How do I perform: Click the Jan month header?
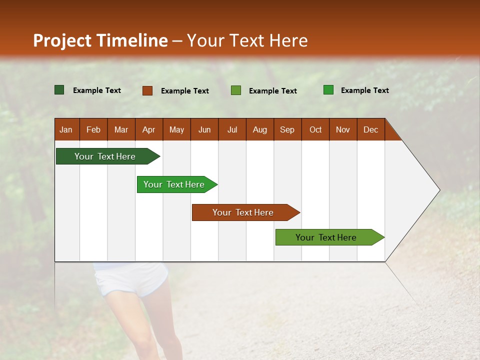click(66, 129)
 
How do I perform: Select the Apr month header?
click(149, 129)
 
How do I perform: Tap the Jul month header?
click(232, 129)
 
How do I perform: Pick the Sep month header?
click(287, 129)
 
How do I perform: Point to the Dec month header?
click(370, 129)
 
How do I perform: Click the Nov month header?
click(343, 129)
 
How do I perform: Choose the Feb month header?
click(93, 129)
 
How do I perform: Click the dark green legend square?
click(59, 90)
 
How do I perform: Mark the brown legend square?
click(147, 90)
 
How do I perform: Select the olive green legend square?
click(236, 90)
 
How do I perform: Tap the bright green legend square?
click(328, 90)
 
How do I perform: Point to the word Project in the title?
click(62, 40)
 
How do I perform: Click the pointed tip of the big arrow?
click(438, 190)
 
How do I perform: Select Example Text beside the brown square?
click(185, 91)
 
